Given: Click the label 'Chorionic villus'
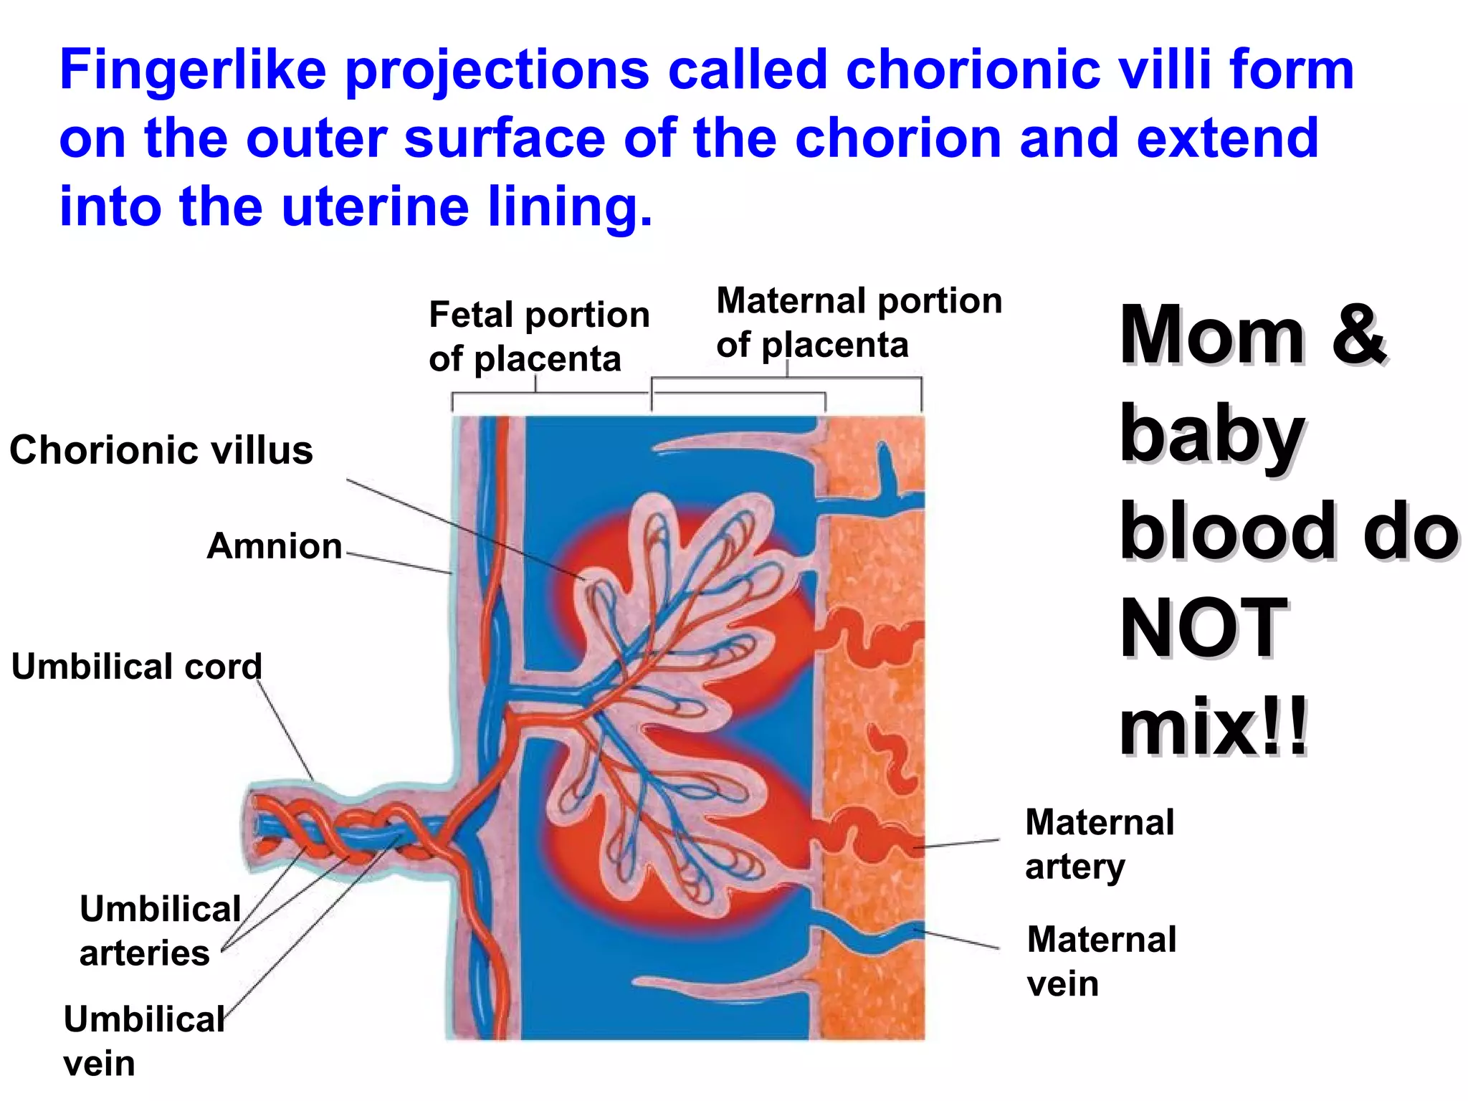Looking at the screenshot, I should point(161,450).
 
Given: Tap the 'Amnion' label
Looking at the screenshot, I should point(275,546).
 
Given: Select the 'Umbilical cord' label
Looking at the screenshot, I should point(137,667).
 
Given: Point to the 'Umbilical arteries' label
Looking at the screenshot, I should point(159,930).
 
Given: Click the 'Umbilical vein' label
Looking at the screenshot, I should point(143,1040).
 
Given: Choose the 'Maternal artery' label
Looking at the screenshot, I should point(1099,844).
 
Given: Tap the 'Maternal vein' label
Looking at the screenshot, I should point(1101,961).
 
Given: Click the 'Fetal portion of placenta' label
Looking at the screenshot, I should point(538,336).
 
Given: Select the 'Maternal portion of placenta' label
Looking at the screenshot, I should point(858,322).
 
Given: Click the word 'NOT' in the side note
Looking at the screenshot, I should point(1204,629).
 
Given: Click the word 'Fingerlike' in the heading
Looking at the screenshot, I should point(193,71).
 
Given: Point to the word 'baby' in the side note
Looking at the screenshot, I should point(1211,434).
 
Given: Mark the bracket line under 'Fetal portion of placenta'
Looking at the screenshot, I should point(550,394).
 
